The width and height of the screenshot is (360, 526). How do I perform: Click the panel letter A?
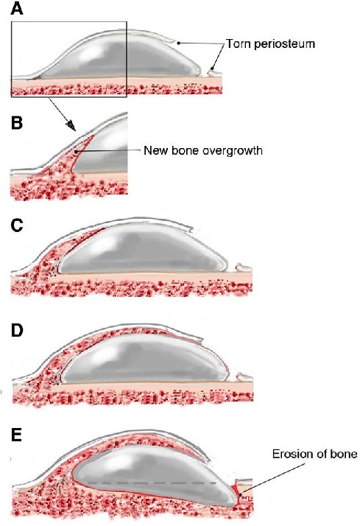point(18,9)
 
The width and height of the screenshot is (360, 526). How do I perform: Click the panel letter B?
point(17,123)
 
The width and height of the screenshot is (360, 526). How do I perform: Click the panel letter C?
point(17,226)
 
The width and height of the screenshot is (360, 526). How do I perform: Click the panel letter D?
point(17,331)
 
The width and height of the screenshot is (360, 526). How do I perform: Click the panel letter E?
point(16,436)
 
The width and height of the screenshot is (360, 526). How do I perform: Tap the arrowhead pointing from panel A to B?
point(71,125)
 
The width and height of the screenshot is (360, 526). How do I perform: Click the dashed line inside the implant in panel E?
point(152,483)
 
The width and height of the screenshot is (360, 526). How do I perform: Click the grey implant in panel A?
point(119,55)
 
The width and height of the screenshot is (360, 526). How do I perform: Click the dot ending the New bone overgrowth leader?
point(77,152)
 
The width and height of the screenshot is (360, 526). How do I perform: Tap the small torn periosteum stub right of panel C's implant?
point(243,267)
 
